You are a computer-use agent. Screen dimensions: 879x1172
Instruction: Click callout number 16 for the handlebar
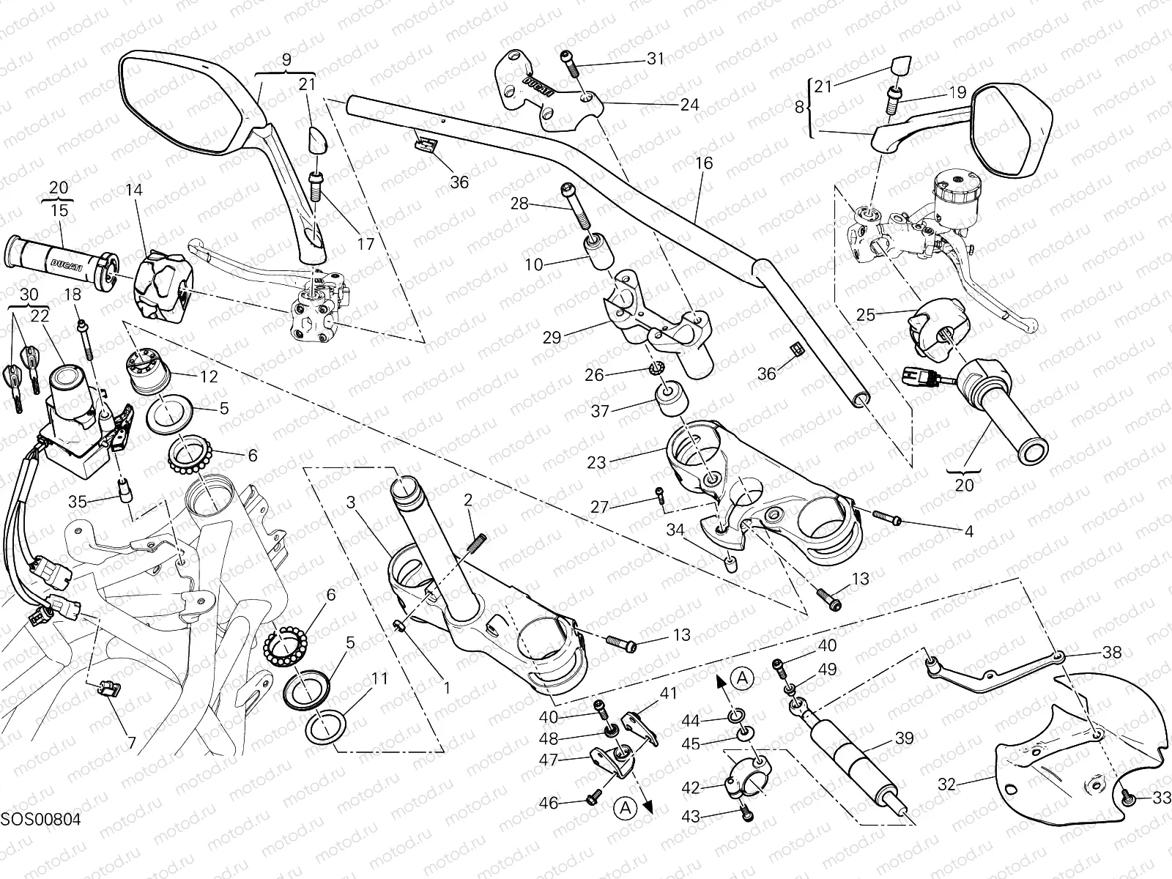[x=703, y=163]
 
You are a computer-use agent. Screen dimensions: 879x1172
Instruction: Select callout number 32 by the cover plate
[x=947, y=785]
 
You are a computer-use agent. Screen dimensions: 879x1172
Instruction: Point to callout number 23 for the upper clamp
[x=597, y=462]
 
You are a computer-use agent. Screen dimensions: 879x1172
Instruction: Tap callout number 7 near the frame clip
[x=132, y=743]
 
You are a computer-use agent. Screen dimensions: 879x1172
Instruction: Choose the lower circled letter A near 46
[x=625, y=808]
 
